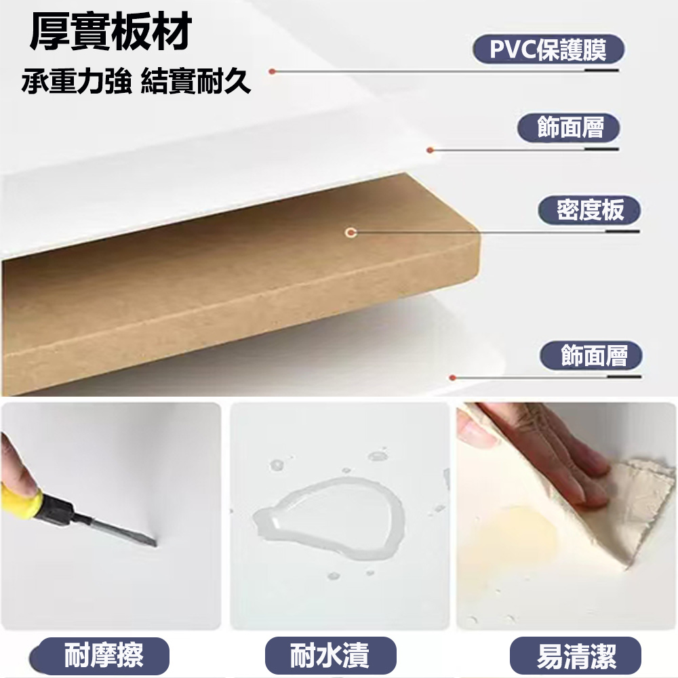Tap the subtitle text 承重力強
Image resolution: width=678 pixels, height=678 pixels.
[x=77, y=81]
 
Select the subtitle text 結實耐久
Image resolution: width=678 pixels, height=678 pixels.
[x=196, y=81]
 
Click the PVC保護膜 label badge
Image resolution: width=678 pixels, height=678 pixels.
[x=549, y=49]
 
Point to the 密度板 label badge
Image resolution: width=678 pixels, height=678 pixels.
[x=589, y=210]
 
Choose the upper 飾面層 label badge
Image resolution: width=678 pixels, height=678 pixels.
[x=569, y=127]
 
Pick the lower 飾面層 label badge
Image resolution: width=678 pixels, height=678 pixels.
[x=591, y=355]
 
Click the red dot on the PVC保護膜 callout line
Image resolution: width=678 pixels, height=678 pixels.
[x=272, y=71]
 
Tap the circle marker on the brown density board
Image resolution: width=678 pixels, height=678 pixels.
[x=351, y=233]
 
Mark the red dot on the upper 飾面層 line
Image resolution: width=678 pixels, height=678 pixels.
[x=430, y=150]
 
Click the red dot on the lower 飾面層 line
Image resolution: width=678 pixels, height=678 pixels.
[x=453, y=378]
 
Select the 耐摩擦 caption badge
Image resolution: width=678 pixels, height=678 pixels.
[x=100, y=656]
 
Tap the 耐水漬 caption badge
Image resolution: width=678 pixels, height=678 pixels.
[x=330, y=656]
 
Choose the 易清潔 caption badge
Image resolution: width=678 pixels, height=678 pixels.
[x=576, y=656]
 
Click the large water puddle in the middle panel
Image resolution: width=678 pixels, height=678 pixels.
[x=329, y=518]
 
